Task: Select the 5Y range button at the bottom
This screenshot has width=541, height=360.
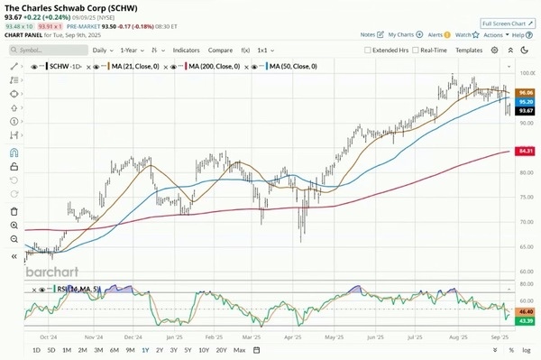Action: (x=188, y=349)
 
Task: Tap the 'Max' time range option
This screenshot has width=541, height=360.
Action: (x=239, y=349)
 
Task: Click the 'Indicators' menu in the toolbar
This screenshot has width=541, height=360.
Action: (x=187, y=51)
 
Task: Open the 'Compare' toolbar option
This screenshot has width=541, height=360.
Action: (x=220, y=51)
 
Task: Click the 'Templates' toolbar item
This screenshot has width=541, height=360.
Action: (x=469, y=51)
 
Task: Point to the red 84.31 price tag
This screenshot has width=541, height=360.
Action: (x=526, y=151)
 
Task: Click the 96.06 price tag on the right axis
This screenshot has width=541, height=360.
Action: (x=526, y=92)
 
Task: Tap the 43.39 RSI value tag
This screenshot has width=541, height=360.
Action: (x=526, y=321)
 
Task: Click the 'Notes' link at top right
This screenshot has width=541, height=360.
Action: (x=367, y=34)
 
